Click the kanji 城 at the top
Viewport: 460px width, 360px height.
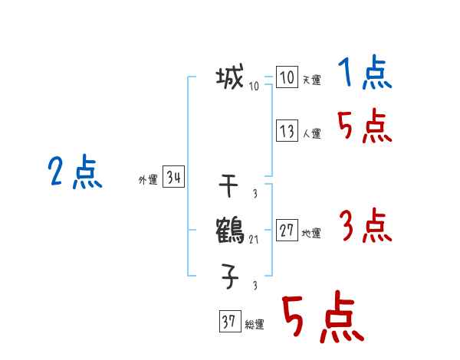click(x=230, y=77)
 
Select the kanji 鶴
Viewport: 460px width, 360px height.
click(x=230, y=230)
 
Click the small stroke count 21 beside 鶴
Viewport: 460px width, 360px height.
click(x=254, y=240)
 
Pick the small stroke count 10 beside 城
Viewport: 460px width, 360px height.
click(x=254, y=87)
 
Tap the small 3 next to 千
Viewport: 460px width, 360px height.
click(x=254, y=195)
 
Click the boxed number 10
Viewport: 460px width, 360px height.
click(x=286, y=78)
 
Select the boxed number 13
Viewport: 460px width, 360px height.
click(x=286, y=131)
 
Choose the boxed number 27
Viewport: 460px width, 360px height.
click(x=286, y=231)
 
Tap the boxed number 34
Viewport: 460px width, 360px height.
click(x=173, y=178)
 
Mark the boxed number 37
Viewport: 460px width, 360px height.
click(x=228, y=322)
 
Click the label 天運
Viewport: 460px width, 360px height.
click(x=311, y=80)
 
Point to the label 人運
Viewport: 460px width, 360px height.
click(x=311, y=133)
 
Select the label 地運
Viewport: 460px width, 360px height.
click(x=311, y=234)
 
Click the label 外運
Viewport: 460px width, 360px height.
click(x=147, y=181)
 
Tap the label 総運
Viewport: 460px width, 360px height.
click(x=255, y=325)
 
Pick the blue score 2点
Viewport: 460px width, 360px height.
click(x=75, y=172)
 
